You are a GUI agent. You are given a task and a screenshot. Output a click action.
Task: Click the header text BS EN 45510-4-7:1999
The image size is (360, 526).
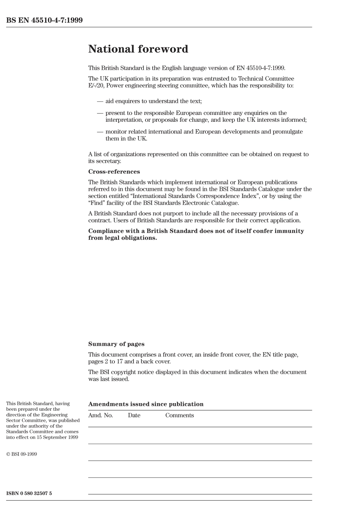pyautogui.click(x=44, y=20)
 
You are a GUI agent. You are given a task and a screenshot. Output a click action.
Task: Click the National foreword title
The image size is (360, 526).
pyautogui.click(x=138, y=49)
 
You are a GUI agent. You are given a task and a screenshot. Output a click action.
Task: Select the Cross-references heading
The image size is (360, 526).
pyautogui.click(x=114, y=172)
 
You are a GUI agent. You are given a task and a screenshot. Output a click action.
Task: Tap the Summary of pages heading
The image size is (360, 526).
pyautogui.click(x=116, y=344)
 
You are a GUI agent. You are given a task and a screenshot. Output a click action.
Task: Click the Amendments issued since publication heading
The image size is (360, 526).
pyautogui.click(x=146, y=404)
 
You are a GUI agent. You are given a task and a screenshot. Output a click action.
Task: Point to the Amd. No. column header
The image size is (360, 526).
pyautogui.click(x=100, y=415)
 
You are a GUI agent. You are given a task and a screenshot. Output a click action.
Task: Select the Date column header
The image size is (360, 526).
pyautogui.click(x=134, y=415)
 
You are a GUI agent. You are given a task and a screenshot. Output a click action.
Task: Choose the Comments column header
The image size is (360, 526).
pyautogui.click(x=179, y=415)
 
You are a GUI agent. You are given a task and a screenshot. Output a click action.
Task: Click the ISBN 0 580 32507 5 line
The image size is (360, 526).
pyautogui.click(x=29, y=493)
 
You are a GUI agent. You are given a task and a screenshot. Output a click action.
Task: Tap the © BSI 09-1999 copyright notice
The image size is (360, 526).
pyautogui.click(x=22, y=454)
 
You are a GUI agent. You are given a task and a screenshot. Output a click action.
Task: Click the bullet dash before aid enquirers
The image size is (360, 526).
pyautogui.click(x=100, y=101)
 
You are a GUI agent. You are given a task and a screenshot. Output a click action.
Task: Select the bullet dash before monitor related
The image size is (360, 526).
pyautogui.click(x=100, y=132)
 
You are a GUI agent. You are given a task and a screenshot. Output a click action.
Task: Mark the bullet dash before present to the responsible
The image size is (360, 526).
pyautogui.click(x=100, y=113)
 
